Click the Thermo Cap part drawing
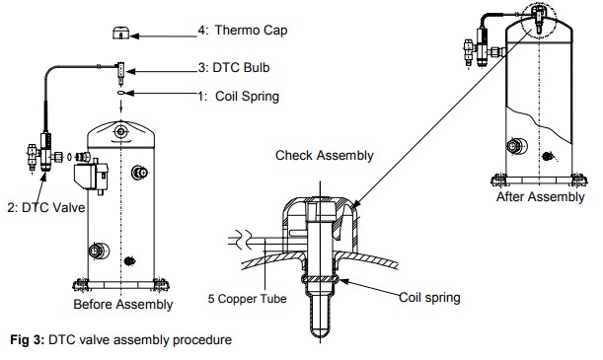click(120, 34)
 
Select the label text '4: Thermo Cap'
click(243, 31)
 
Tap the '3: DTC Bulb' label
click(234, 68)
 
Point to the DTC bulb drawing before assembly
click(121, 73)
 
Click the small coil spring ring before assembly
click(121, 93)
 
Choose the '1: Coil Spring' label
click(239, 96)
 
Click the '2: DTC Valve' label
click(46, 207)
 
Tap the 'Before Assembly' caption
click(123, 305)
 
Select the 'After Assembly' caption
click(540, 196)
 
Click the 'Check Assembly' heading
click(325, 155)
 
